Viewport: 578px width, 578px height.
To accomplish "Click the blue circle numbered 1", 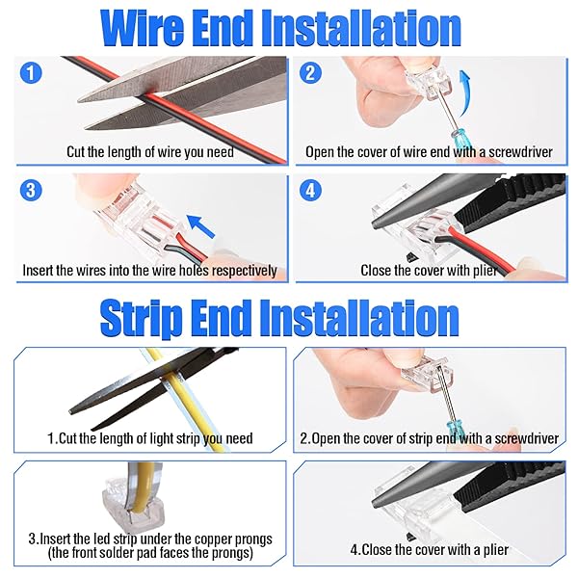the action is click(x=31, y=72).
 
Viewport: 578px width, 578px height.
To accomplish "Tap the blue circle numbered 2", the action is click(x=310, y=72).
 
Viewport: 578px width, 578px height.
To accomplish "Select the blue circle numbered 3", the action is click(x=31, y=190).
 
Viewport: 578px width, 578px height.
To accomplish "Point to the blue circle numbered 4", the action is click(x=310, y=190).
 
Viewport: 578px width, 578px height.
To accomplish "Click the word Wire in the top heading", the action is click(x=143, y=28).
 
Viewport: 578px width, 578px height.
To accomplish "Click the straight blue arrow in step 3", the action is click(x=200, y=226).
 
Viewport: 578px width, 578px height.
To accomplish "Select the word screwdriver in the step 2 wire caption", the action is click(x=520, y=152).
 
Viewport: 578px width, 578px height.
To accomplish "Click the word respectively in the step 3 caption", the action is click(x=245, y=271).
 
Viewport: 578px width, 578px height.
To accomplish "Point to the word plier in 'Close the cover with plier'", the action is click(x=485, y=271).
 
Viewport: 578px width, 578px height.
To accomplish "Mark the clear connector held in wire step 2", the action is click(x=429, y=83).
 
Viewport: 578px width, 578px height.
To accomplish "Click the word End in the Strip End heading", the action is click(x=221, y=318).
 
